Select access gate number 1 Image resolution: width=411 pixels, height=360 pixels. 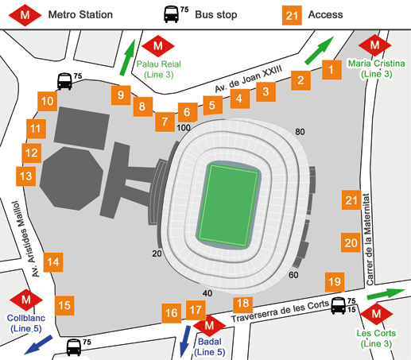pos(328,71)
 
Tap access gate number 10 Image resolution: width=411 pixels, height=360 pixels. pos(47,101)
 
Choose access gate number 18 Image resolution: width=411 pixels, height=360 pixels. pos(244,303)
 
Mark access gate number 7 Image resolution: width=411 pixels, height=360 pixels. pos(164,122)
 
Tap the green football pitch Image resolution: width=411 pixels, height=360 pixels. pos(231,204)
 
